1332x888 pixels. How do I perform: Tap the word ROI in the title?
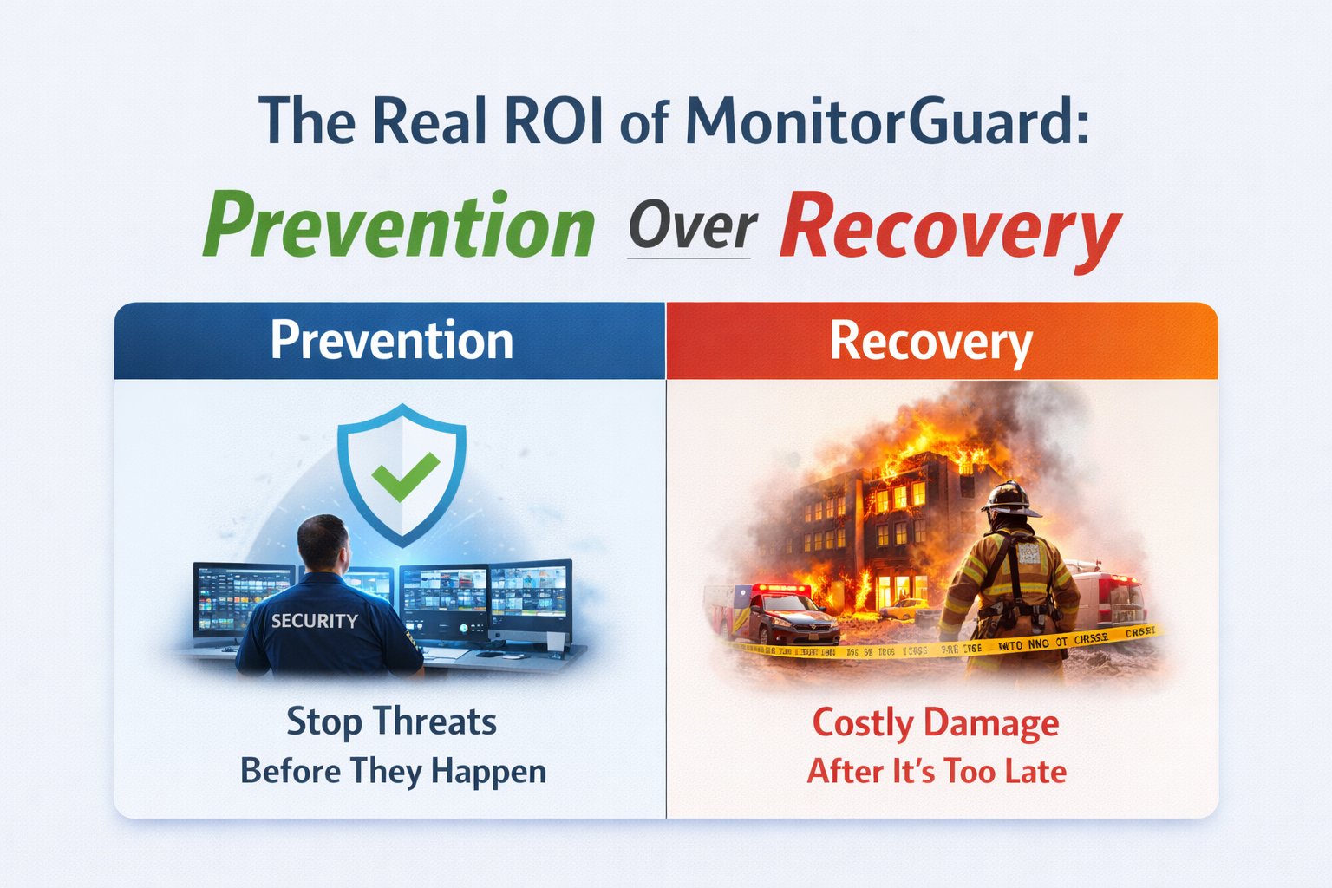pyautogui.click(x=552, y=121)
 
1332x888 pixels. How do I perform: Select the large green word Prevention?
pyautogui.click(x=399, y=225)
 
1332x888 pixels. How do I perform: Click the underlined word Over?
pyautogui.click(x=691, y=227)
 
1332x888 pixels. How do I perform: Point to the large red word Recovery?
pyautogui.click(x=950, y=227)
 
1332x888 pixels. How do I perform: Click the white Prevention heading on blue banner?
pyautogui.click(x=391, y=340)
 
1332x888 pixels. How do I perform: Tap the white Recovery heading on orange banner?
pyautogui.click(x=930, y=342)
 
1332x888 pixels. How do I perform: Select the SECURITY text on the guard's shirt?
pyautogui.click(x=314, y=621)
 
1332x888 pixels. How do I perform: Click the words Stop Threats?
pyautogui.click(x=391, y=721)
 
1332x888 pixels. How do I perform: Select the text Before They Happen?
pyautogui.click(x=393, y=771)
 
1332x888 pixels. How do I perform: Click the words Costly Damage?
pyautogui.click(x=935, y=722)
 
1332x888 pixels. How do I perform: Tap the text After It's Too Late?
pyautogui.click(x=936, y=771)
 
